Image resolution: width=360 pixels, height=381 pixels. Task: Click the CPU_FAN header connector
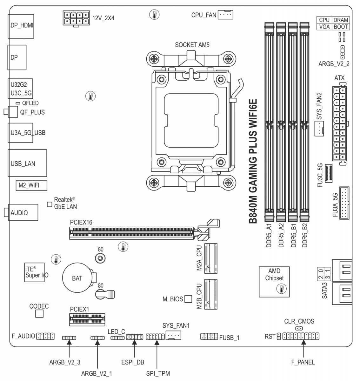pyautogui.click(x=225, y=15)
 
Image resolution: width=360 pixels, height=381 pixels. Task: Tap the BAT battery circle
pyautogui.click(x=77, y=278)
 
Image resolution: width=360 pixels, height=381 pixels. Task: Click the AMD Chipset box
pyautogui.click(x=274, y=282)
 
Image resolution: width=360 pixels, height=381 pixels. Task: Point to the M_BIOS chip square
pyautogui.click(x=188, y=299)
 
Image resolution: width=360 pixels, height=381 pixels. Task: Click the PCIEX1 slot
pyautogui.click(x=87, y=320)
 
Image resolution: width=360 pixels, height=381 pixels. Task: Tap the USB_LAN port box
pyautogui.click(x=28, y=163)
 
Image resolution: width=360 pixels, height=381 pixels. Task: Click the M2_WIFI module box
pyautogui.click(x=31, y=185)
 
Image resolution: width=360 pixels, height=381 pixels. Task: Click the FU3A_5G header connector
pyautogui.click(x=344, y=203)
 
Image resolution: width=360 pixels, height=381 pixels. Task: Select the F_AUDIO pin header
pyautogui.click(x=46, y=336)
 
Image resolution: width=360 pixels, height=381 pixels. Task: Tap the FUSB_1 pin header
pyautogui.click(x=209, y=336)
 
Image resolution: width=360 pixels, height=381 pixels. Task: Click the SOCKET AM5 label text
pyautogui.click(x=192, y=45)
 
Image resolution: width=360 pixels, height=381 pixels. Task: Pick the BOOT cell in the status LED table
pyautogui.click(x=341, y=27)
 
